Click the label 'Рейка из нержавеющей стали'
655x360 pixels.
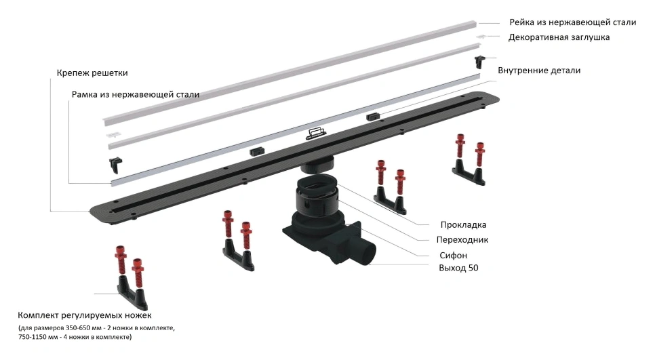tap(572, 22)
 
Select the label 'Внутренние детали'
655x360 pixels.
tap(538, 71)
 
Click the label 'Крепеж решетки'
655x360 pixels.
tap(92, 73)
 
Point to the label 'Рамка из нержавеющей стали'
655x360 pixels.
tap(135, 95)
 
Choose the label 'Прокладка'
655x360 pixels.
tap(463, 225)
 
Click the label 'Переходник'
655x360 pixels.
tap(463, 240)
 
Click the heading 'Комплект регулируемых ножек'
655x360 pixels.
tap(85, 316)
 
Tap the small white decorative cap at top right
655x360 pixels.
tap(482, 37)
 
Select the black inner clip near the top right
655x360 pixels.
tap(480, 61)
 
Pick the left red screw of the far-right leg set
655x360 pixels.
tap(460, 149)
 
